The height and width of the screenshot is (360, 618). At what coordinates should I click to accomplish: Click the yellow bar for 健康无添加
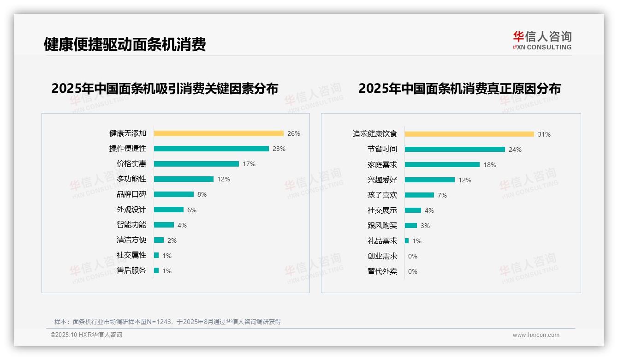click(x=219, y=133)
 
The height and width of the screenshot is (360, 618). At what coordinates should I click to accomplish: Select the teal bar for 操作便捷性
click(x=211, y=149)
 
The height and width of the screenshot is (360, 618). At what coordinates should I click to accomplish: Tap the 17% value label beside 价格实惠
click(x=249, y=164)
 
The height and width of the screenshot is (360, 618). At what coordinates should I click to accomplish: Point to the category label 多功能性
click(x=131, y=179)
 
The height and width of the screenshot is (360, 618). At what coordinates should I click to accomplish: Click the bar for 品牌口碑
click(x=174, y=194)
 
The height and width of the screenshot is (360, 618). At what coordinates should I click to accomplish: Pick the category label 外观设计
click(x=131, y=210)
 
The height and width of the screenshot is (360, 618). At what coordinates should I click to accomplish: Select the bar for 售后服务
click(x=156, y=270)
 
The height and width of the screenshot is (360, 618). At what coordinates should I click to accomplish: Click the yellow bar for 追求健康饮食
click(x=469, y=134)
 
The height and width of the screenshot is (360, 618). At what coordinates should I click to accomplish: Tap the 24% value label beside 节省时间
click(x=515, y=150)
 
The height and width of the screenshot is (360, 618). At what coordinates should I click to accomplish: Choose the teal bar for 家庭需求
click(x=442, y=165)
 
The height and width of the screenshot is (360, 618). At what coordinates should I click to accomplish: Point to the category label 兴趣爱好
click(x=382, y=180)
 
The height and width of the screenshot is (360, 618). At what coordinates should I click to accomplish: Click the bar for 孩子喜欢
click(x=420, y=195)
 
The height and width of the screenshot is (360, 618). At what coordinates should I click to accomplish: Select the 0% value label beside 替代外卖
click(x=413, y=271)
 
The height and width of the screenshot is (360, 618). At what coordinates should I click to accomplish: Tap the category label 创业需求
click(x=382, y=256)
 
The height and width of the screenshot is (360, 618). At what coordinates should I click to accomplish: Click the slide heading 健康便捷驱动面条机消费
click(x=125, y=44)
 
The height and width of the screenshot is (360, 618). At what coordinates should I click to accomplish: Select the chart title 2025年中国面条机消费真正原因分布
click(x=459, y=88)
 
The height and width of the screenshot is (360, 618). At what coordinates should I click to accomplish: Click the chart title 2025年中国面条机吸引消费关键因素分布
click(x=165, y=88)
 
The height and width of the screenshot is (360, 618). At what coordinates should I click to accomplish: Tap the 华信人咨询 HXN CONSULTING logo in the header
click(x=542, y=41)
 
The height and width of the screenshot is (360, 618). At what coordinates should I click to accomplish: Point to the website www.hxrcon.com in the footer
click(x=536, y=335)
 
